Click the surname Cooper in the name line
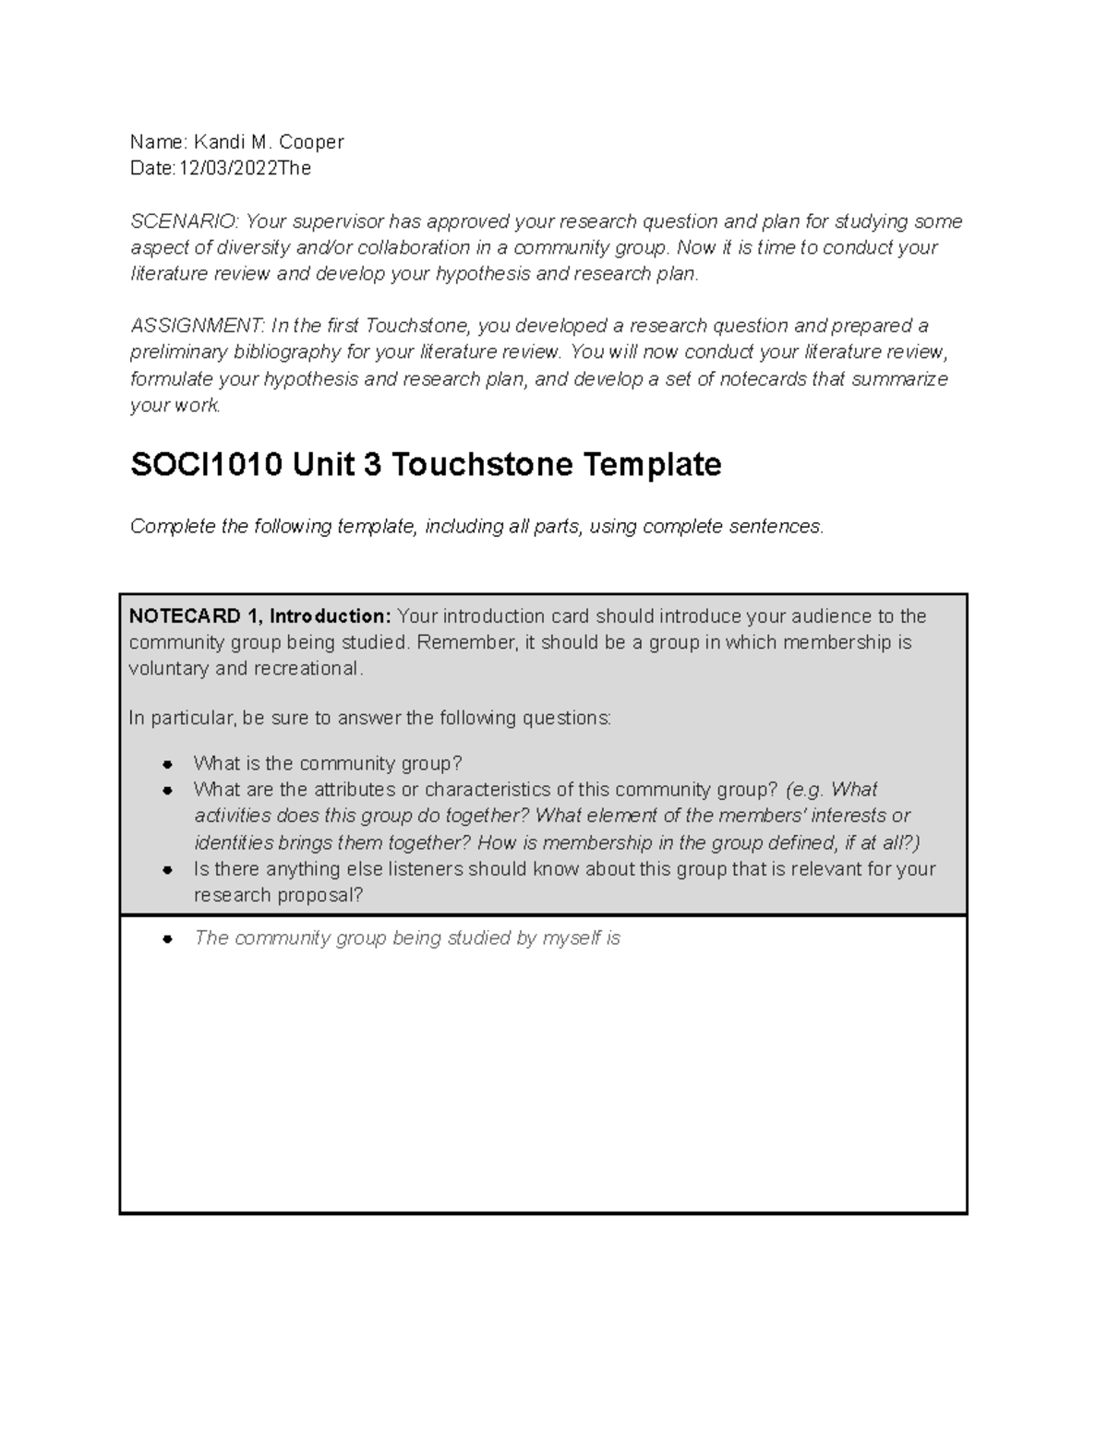312,142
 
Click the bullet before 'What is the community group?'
167,764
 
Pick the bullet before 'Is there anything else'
167,870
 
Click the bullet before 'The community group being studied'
167,939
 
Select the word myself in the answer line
572,938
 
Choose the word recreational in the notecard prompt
312,669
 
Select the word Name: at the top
158,142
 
